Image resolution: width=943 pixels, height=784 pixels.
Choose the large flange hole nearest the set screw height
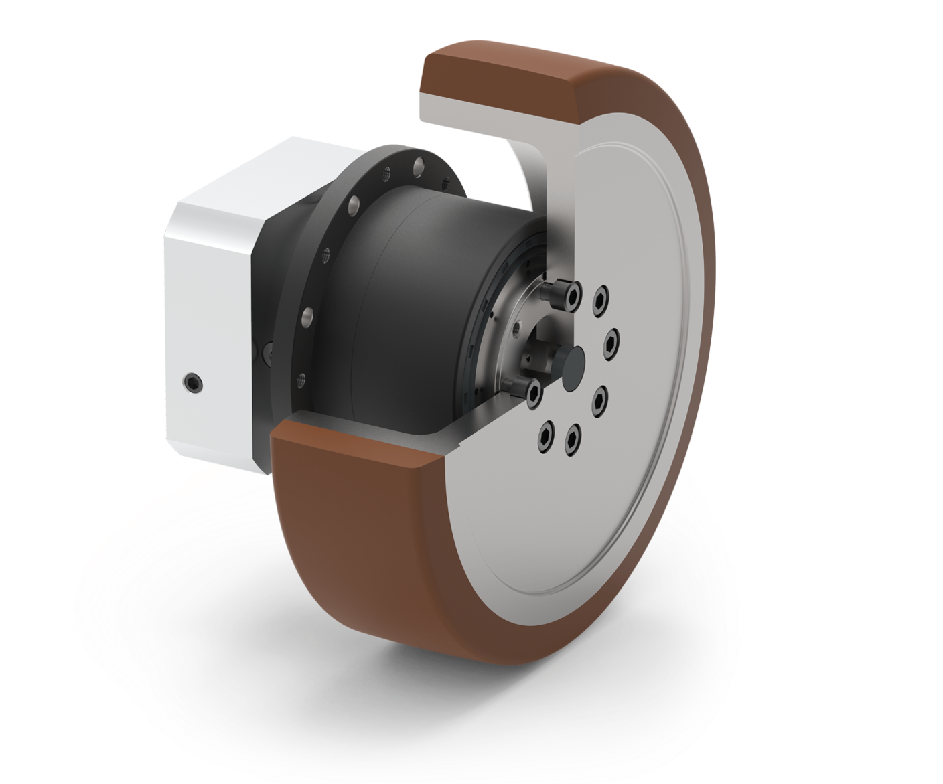pos(309,313)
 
